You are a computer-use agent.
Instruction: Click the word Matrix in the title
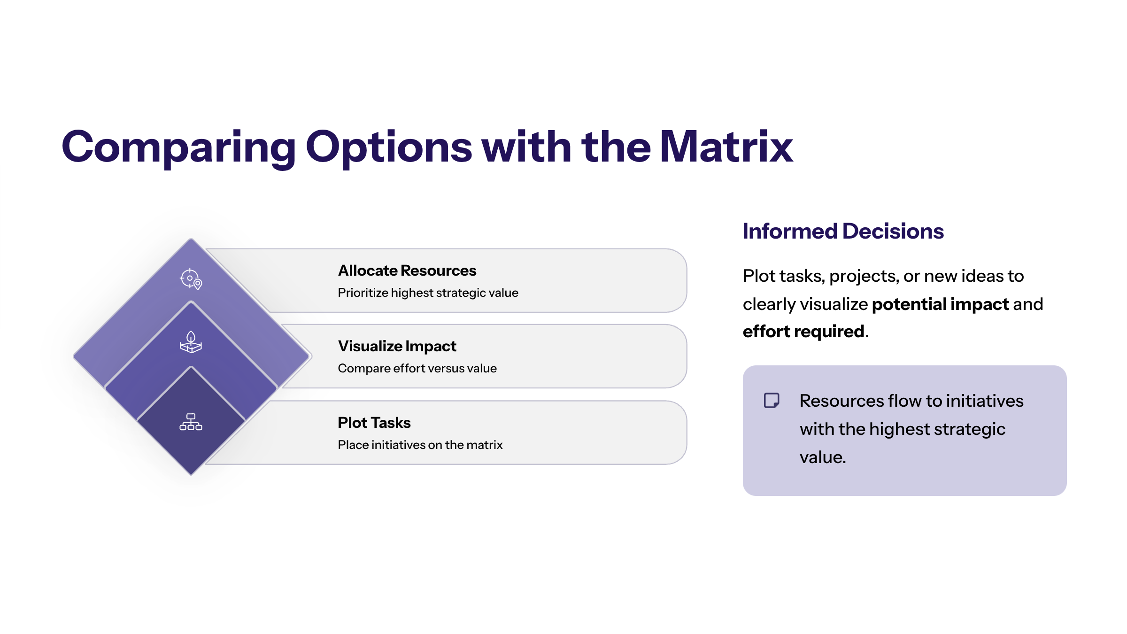tap(726, 147)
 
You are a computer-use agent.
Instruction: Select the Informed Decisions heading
tap(843, 231)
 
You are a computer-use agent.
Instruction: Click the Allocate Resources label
tap(407, 271)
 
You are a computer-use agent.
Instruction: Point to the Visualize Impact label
tap(397, 347)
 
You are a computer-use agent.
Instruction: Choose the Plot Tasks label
tap(374, 423)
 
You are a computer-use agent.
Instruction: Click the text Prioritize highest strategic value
tap(428, 293)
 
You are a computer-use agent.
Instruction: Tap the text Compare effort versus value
tap(417, 368)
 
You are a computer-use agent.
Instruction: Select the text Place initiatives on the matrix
tap(420, 445)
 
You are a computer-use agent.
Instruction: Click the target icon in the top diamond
tap(191, 279)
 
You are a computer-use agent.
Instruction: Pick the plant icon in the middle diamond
tap(191, 342)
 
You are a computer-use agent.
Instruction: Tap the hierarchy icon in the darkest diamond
tap(191, 422)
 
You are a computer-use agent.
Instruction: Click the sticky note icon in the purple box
tap(772, 401)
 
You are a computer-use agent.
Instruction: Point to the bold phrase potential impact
tap(940, 304)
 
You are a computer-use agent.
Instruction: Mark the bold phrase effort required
tap(803, 332)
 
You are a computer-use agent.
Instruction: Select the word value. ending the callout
tap(823, 457)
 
